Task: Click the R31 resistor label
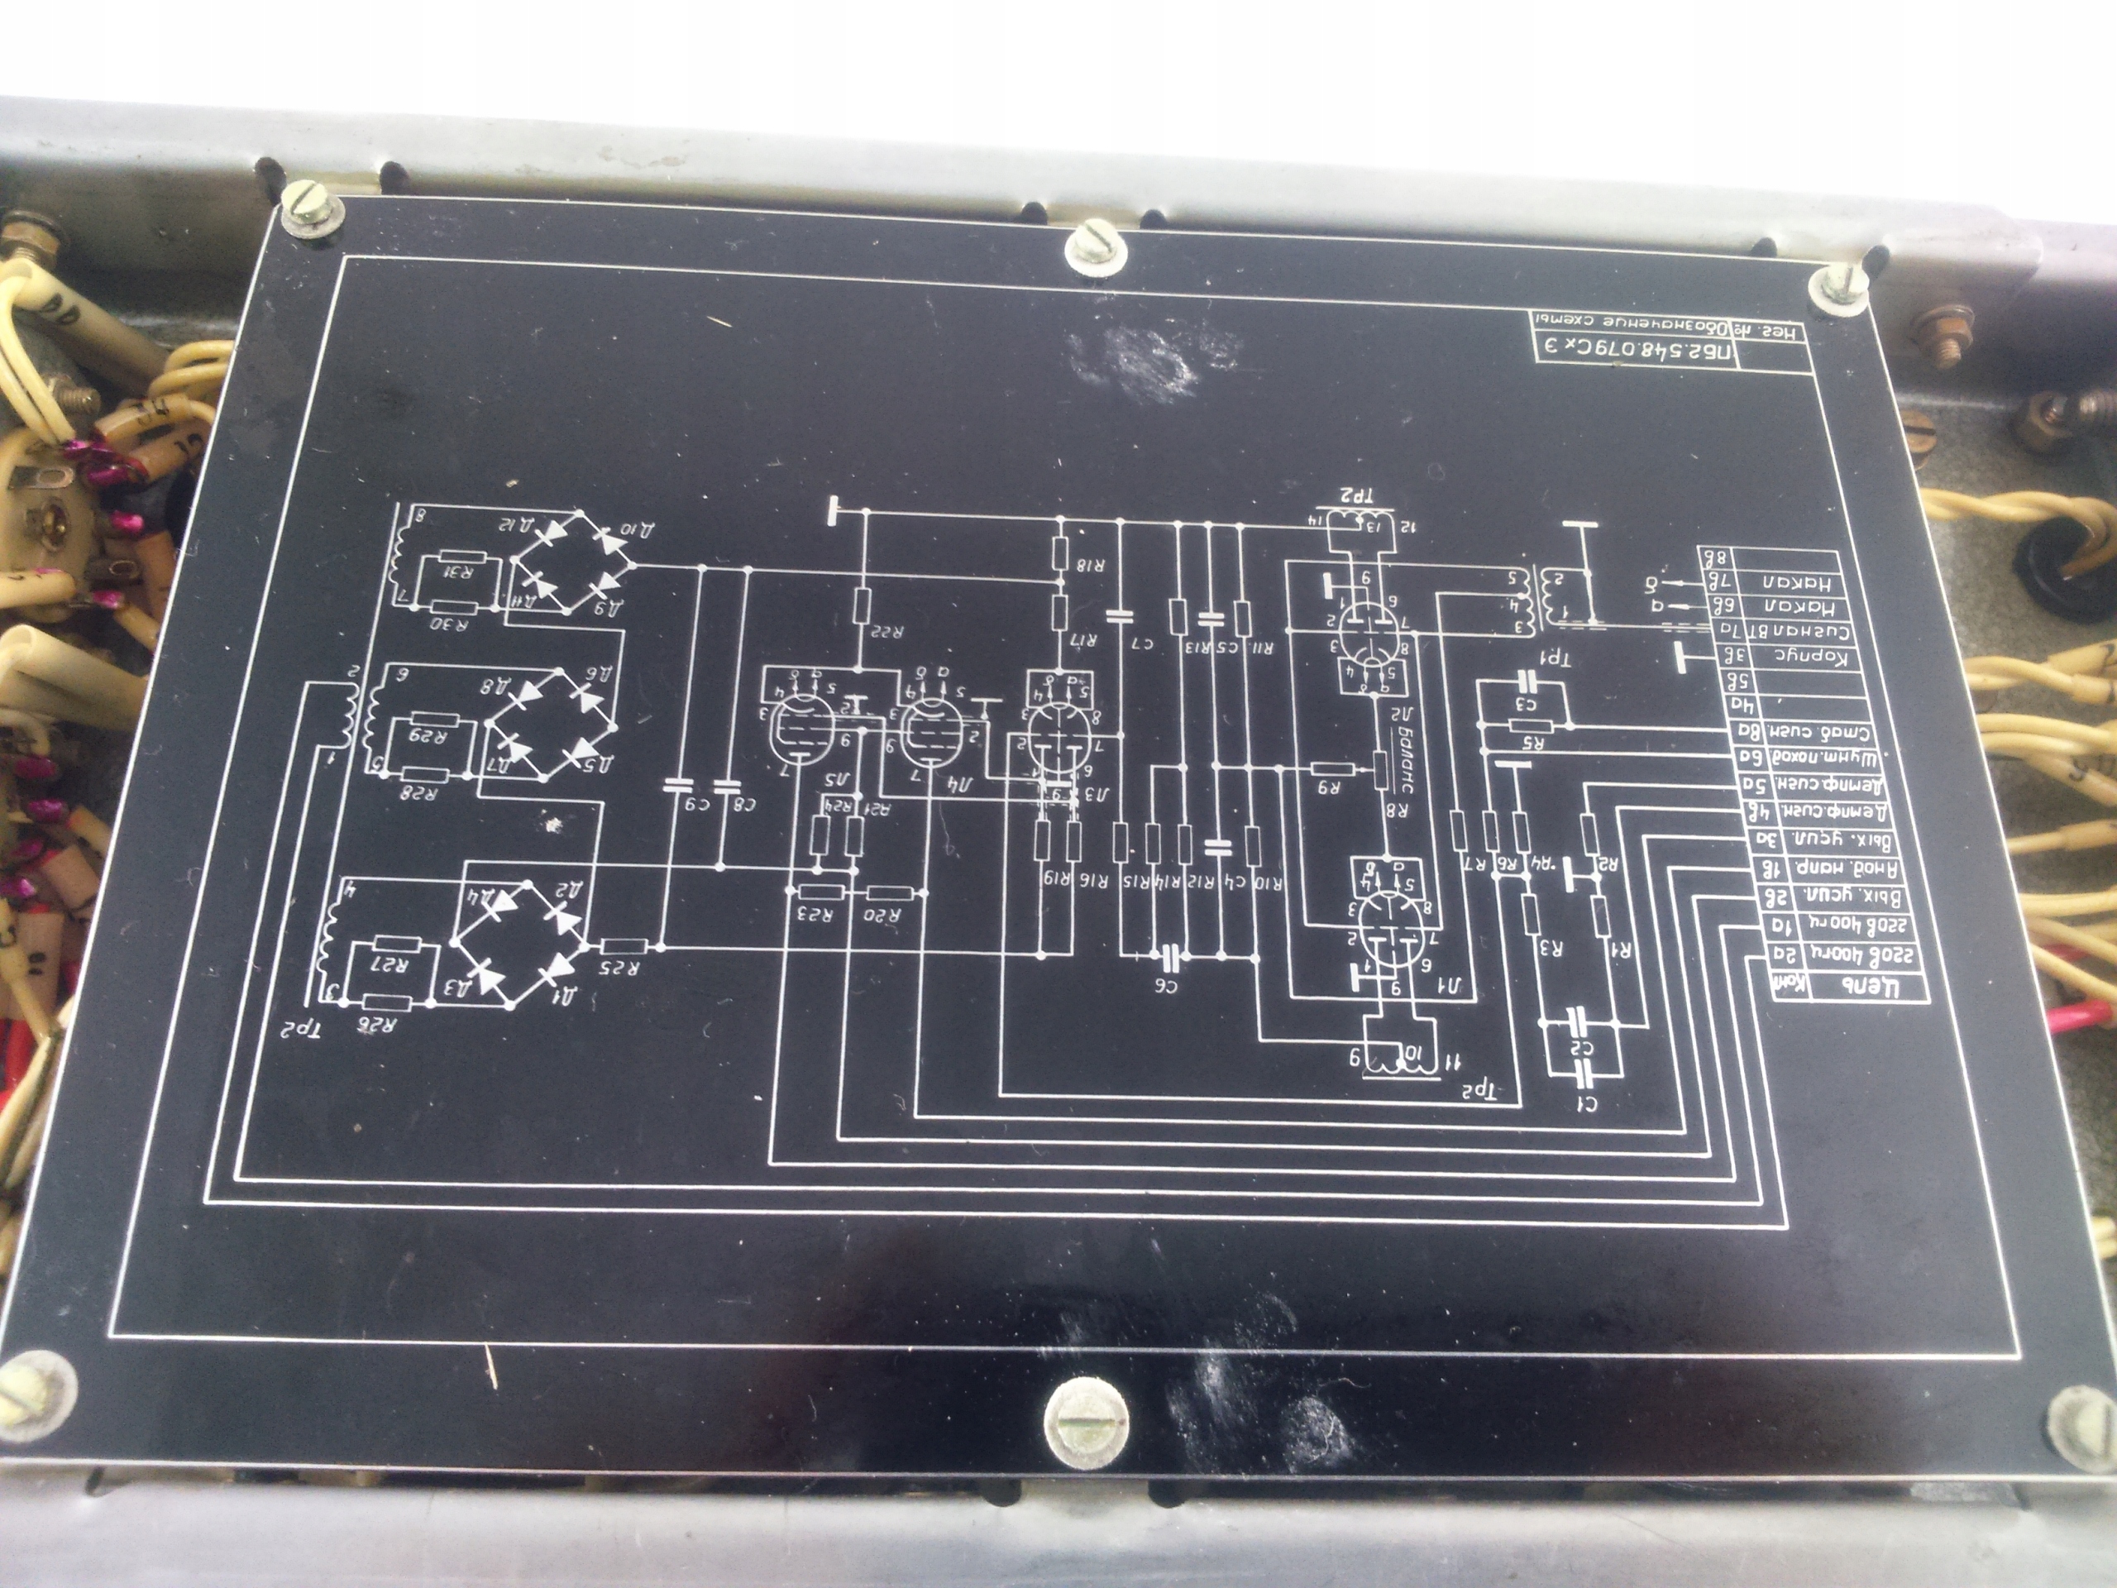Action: pos(462,572)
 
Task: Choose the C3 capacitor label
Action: pos(1526,705)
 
